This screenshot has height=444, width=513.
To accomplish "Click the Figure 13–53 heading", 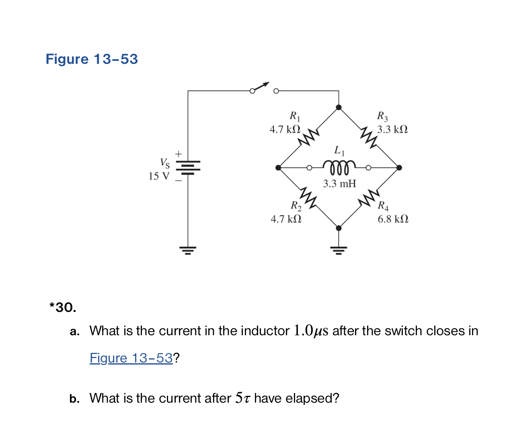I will (x=92, y=59).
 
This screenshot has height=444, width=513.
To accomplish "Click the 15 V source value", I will (x=159, y=176).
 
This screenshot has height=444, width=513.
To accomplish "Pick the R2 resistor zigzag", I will (x=308, y=198).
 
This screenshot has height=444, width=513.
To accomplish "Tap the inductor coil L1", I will (x=339, y=166).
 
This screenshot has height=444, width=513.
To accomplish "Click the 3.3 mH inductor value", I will (x=340, y=184).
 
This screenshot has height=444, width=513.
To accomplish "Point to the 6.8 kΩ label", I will (x=393, y=219).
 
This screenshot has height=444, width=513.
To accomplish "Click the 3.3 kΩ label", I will (x=392, y=130).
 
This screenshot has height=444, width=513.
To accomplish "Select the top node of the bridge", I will (x=339, y=107).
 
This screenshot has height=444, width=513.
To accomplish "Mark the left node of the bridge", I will (x=278, y=167).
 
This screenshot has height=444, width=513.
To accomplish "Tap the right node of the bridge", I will (x=399, y=167).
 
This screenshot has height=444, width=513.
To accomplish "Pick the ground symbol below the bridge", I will (x=339, y=251).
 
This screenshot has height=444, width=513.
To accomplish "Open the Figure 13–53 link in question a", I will (x=131, y=358).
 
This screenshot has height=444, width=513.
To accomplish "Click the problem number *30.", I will (x=63, y=308).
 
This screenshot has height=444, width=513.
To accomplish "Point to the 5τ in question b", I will (x=243, y=398).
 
